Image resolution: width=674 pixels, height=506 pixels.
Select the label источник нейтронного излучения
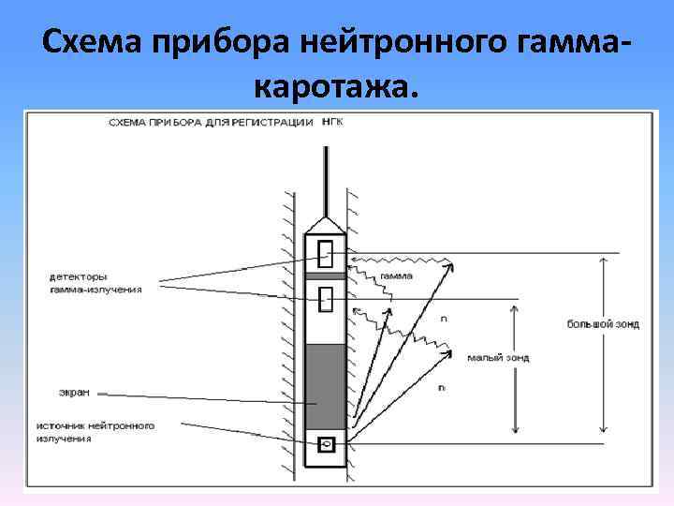pos(95,431)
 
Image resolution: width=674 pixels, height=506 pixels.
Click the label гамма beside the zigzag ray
pos(396,276)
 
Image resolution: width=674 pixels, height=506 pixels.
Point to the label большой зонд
pos(603,325)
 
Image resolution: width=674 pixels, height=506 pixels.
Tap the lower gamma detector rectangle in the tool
pos(327,298)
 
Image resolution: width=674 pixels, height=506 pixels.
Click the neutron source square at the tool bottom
pos(327,443)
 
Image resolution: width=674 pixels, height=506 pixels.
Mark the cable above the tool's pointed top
pos(326,183)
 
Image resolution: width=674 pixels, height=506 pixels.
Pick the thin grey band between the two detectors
pos(326,275)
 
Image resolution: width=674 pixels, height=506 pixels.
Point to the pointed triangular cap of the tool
pos(326,225)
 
